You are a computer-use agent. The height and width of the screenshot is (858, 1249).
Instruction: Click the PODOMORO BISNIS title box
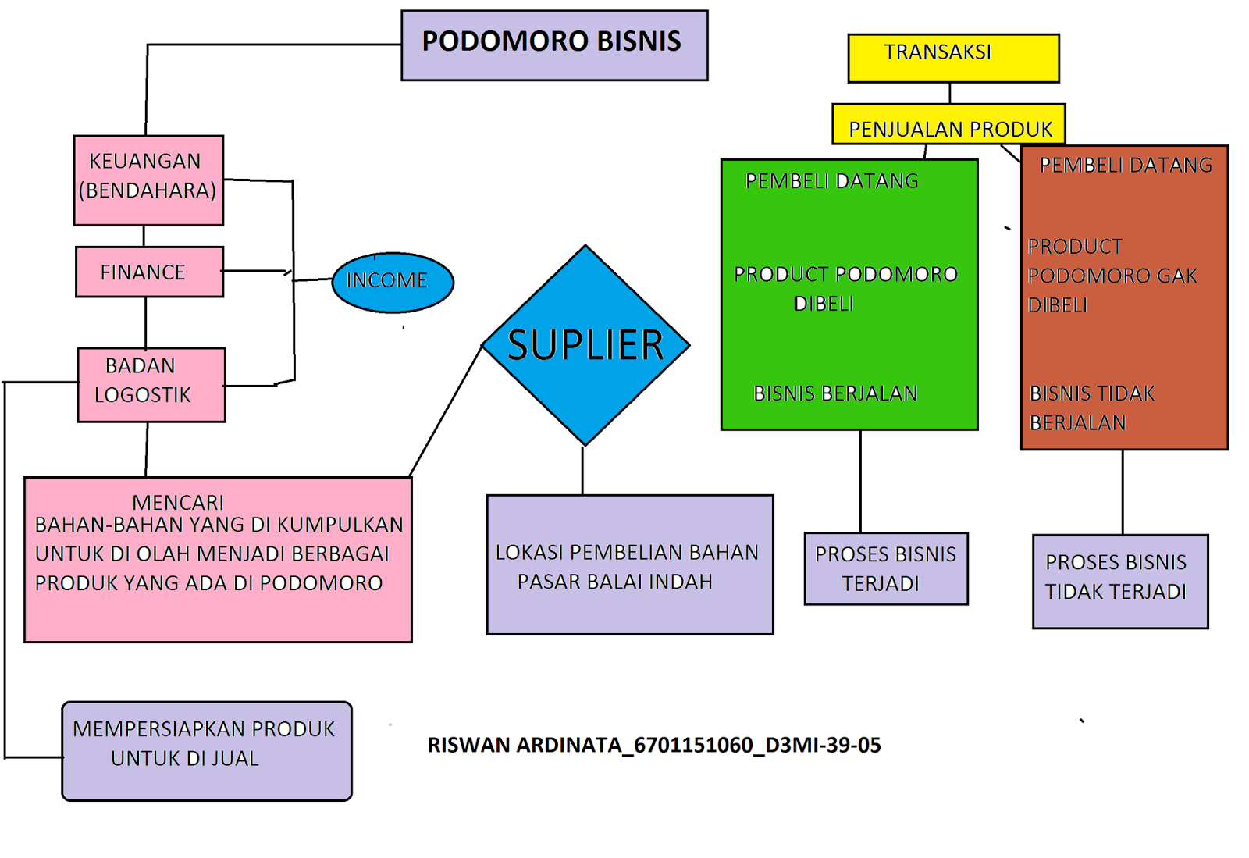coord(554,45)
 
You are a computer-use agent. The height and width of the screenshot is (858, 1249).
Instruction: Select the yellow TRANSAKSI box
coord(953,58)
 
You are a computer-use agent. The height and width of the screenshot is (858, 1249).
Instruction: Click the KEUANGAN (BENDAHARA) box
coord(148,180)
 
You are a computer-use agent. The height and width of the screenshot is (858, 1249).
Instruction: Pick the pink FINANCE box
coord(149,272)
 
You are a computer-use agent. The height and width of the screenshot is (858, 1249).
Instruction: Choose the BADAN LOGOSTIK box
coord(151,385)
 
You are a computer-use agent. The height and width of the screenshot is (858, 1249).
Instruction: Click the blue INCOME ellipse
coord(393,282)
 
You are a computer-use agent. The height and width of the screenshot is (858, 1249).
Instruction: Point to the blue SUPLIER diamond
coord(585,345)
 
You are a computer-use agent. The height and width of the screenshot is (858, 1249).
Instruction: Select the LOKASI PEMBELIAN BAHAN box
coord(630,564)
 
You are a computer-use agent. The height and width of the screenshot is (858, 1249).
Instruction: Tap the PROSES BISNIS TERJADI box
coord(886,568)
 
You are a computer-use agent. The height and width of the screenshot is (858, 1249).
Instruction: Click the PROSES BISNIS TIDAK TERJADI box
coord(1120,581)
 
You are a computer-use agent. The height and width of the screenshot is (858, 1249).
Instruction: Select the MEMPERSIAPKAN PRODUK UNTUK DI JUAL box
coord(207,750)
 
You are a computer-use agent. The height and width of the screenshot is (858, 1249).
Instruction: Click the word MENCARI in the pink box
coord(178,502)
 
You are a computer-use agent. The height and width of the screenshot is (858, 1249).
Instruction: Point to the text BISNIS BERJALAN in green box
coord(835,393)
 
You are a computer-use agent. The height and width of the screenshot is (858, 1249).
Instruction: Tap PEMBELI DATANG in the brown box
coord(1126,166)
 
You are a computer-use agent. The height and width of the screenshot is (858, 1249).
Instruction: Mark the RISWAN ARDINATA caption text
coord(654,746)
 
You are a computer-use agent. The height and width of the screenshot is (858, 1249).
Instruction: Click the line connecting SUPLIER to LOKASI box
coord(582,470)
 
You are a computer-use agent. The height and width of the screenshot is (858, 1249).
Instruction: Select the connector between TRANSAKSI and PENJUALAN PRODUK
coord(950,93)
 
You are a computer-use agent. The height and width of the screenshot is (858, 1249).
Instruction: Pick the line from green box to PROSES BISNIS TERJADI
coord(861,481)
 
